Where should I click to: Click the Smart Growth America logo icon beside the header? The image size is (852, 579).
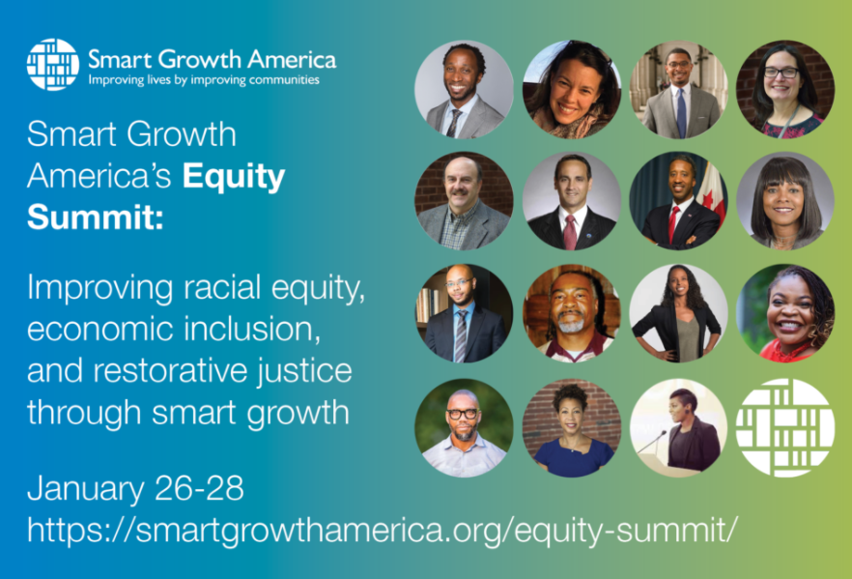[53, 64]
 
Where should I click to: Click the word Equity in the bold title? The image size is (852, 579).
[234, 177]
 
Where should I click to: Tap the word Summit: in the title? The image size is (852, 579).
[95, 217]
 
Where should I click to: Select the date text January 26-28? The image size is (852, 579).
[135, 488]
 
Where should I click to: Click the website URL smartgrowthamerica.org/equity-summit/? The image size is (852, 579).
[383, 530]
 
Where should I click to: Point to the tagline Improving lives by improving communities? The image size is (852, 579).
[204, 80]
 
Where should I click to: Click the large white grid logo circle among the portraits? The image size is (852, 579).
[785, 428]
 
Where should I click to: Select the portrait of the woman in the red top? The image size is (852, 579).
[785, 314]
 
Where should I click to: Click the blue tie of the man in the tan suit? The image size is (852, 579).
[681, 112]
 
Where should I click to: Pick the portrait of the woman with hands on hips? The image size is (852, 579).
[678, 314]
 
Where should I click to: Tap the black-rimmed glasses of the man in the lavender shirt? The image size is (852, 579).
[463, 414]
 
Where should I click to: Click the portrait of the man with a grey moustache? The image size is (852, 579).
[464, 201]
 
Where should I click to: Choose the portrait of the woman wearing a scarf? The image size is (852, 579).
[571, 89]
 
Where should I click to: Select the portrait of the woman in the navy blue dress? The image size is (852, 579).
[571, 428]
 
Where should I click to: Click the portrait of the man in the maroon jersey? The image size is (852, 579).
[571, 314]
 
